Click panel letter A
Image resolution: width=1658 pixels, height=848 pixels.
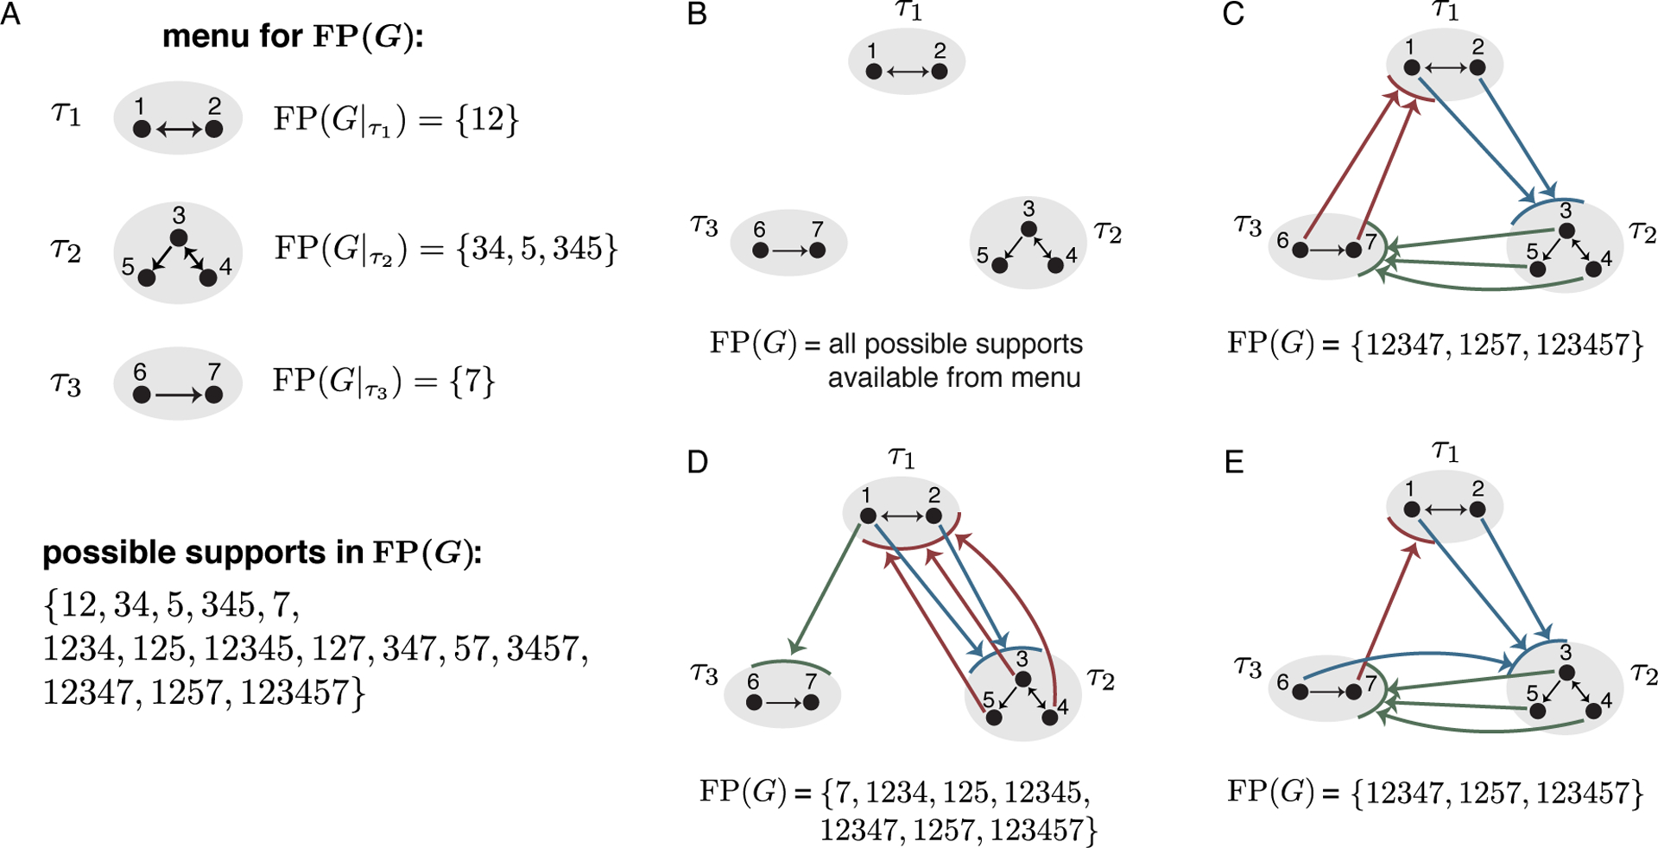tap(10, 15)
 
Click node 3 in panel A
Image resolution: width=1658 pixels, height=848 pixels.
tap(179, 237)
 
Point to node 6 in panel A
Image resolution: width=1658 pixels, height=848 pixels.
tap(142, 395)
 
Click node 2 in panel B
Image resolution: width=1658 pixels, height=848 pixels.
tap(940, 72)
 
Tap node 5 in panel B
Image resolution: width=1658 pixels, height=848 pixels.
tap(999, 265)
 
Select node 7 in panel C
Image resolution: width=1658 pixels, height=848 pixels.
tap(1354, 250)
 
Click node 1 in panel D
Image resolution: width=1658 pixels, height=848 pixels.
tap(868, 516)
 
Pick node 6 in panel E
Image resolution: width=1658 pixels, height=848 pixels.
tap(1300, 692)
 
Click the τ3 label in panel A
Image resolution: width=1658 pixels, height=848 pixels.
tap(66, 383)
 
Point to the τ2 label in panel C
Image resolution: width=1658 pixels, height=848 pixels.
tap(1642, 232)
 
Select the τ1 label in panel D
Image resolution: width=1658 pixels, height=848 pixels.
tap(902, 457)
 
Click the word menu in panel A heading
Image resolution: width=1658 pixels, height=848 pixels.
tap(206, 36)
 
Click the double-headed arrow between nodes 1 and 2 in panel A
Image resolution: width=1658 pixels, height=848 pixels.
tap(179, 130)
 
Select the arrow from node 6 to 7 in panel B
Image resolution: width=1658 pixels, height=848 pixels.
tap(789, 250)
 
